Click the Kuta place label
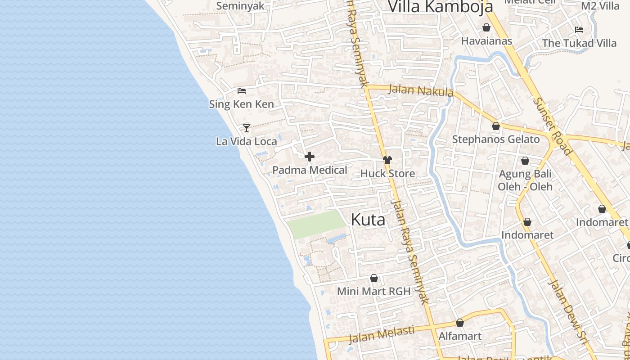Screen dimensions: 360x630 [368, 220]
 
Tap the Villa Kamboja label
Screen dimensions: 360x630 [440, 7]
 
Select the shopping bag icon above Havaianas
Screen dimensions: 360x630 [486, 27]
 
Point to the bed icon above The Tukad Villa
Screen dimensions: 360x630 [579, 30]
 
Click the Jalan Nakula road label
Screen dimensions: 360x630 [420, 90]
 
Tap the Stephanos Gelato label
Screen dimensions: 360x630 [495, 139]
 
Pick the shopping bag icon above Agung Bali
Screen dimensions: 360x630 [525, 161]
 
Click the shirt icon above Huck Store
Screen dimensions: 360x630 [387, 160]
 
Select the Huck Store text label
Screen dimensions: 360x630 [387, 173]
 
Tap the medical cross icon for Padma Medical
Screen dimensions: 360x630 [310, 157]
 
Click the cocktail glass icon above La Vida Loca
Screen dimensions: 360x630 [247, 128]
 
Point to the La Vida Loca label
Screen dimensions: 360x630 [247, 141]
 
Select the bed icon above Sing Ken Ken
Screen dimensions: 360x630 [242, 91]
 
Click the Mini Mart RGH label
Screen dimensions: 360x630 [373, 291]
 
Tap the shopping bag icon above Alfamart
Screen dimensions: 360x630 [460, 323]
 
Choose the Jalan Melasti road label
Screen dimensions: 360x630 [382, 334]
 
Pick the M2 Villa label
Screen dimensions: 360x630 [600, 6]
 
